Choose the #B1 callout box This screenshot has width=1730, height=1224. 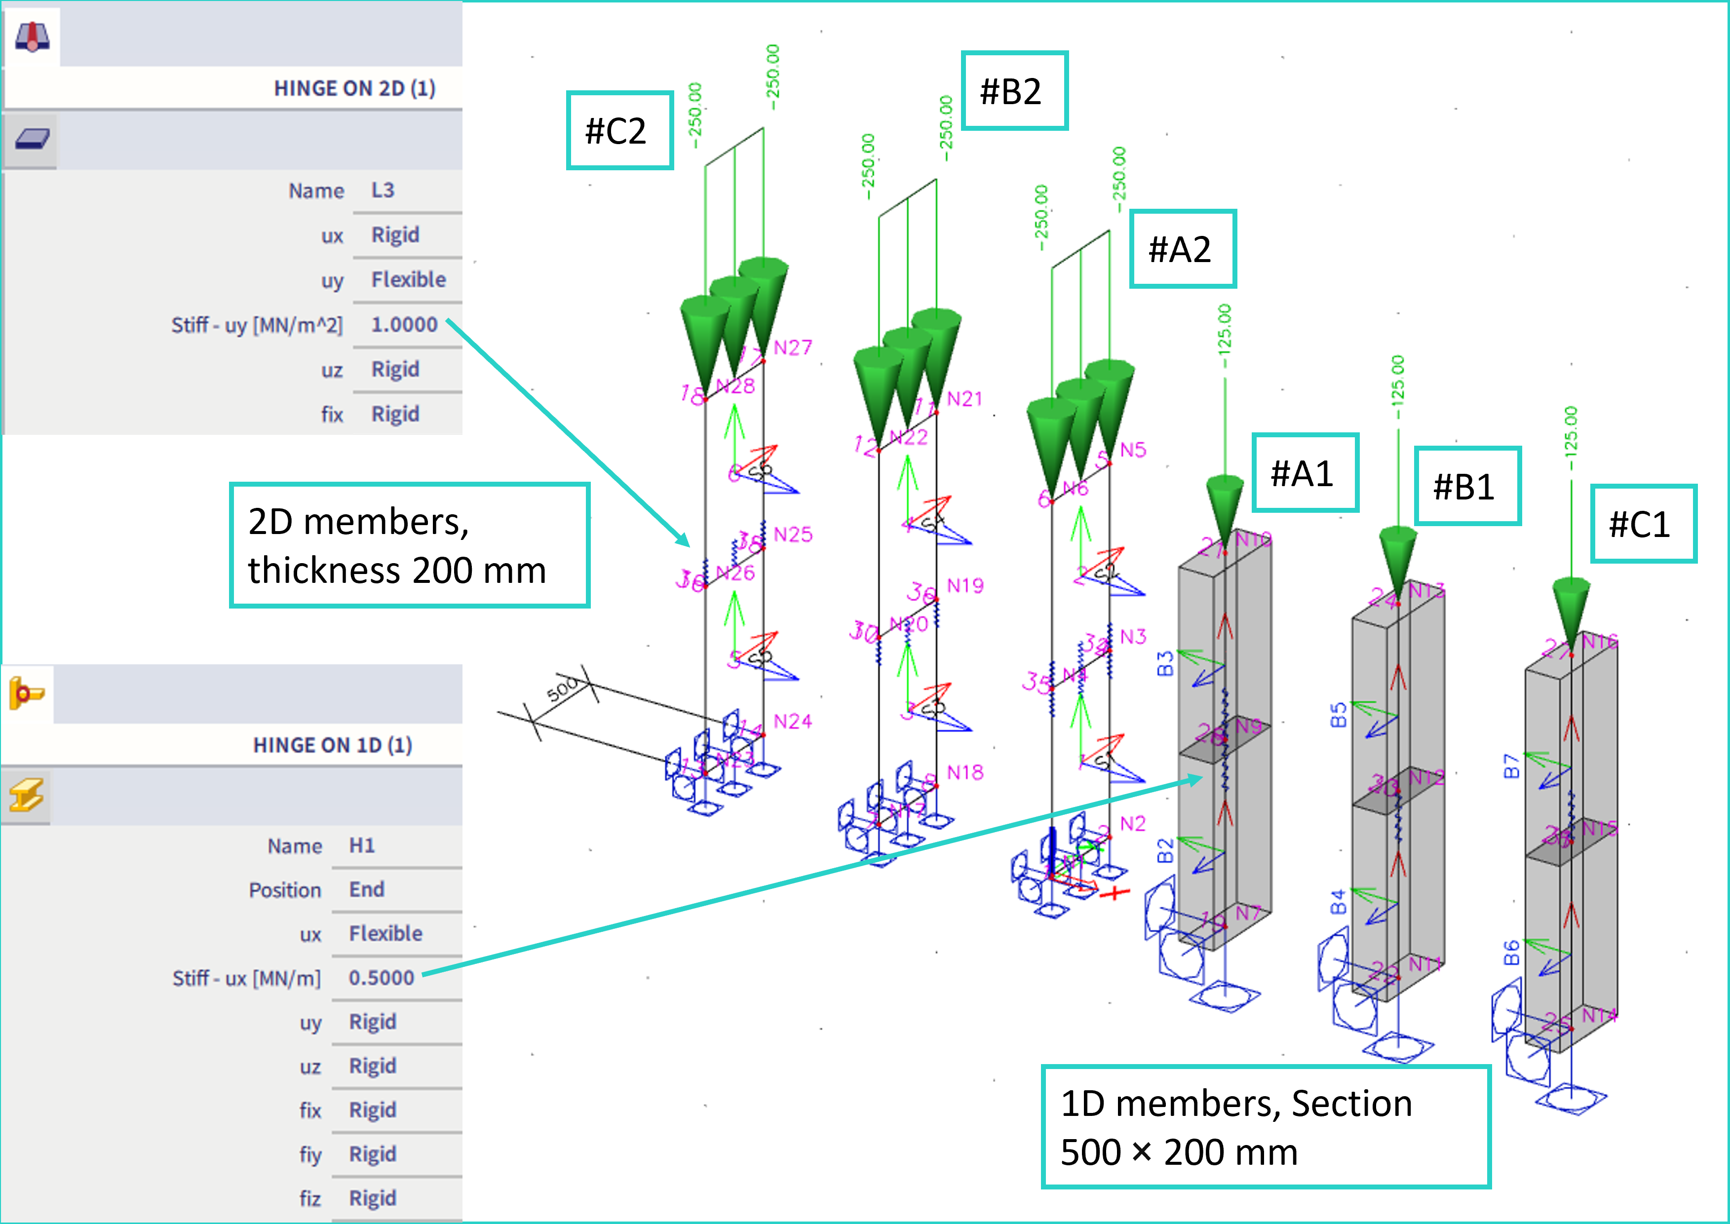point(1466,486)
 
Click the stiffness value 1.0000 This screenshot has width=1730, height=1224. point(404,325)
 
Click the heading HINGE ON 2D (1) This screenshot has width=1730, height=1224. point(354,89)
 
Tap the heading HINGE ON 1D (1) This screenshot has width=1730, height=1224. point(333,745)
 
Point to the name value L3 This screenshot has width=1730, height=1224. point(383,191)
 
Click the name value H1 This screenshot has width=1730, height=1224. point(362,845)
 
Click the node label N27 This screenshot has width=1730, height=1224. point(793,347)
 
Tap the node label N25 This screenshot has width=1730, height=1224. point(793,535)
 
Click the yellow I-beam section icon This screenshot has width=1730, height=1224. point(26,795)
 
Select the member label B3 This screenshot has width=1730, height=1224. point(1165,664)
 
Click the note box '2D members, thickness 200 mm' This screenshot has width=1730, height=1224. point(409,545)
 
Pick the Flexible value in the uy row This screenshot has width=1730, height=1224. point(409,280)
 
